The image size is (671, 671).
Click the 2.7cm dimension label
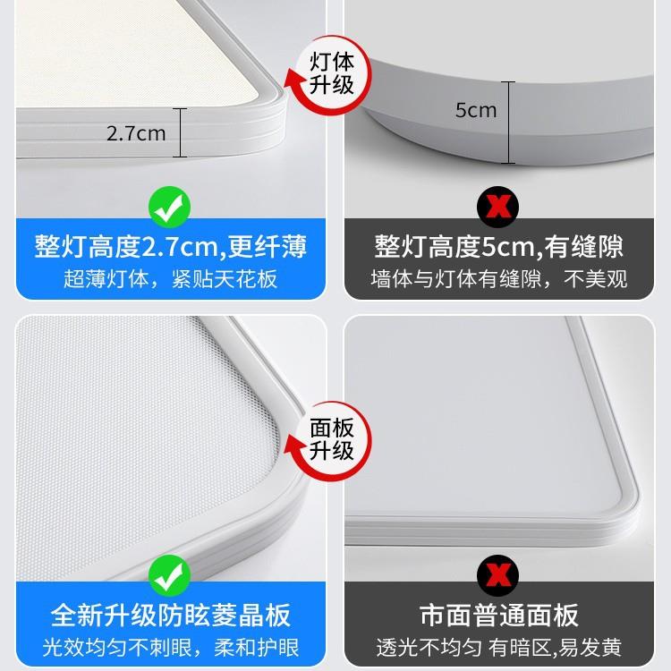[x=136, y=134]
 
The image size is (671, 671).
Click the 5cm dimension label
[x=475, y=111]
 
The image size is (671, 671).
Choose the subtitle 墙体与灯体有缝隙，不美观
[x=499, y=278]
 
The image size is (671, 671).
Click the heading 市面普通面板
[x=499, y=616]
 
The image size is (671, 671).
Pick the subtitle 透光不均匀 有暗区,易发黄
[x=499, y=647]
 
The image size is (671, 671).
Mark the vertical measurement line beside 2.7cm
[x=182, y=132]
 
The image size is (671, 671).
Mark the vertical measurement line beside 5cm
[x=511, y=122]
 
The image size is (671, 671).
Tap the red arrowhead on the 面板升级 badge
[x=293, y=445]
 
